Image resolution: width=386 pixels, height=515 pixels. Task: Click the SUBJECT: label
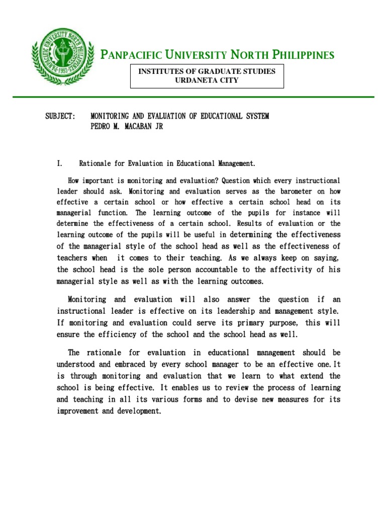60,116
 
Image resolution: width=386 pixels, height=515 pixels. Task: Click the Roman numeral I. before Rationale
59,163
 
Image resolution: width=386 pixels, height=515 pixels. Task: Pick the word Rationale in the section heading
95,163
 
